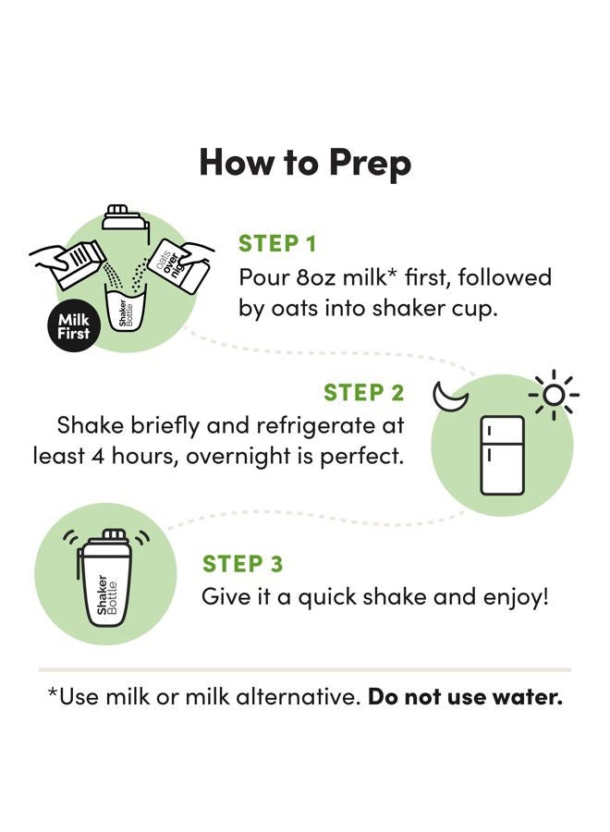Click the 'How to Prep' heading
305,163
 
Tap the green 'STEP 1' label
277,244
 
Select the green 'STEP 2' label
364,393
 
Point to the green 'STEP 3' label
242,564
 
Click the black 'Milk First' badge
74,327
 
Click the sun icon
554,395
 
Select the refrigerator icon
502,455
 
